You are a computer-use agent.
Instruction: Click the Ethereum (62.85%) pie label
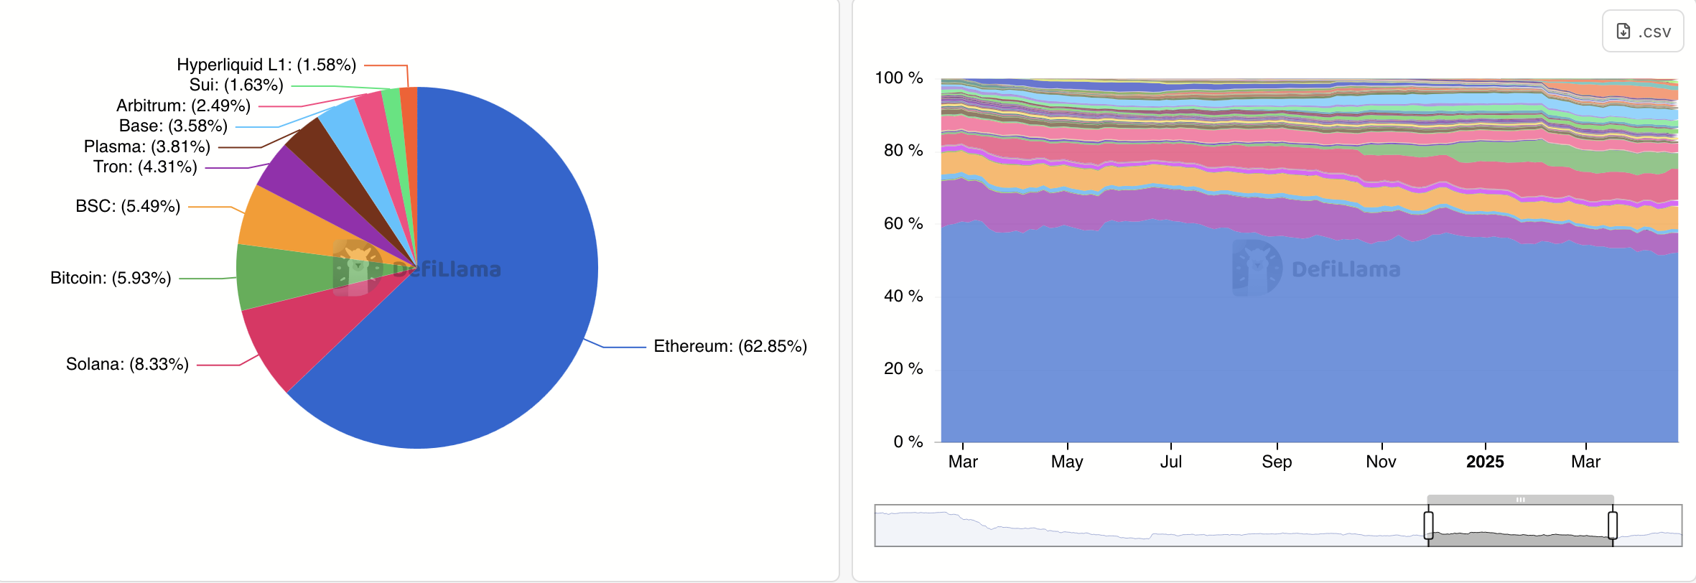tap(730, 347)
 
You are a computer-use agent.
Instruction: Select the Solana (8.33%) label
tap(127, 365)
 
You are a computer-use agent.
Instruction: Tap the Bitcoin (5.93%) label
tap(111, 279)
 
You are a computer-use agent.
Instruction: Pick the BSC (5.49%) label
tap(128, 207)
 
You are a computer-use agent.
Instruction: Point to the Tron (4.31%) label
tap(145, 167)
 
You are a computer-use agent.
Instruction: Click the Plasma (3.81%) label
tap(147, 147)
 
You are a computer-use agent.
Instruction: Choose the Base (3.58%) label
tap(173, 126)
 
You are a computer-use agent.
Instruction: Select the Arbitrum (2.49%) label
tap(183, 106)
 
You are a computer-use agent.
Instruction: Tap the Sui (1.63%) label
tap(236, 85)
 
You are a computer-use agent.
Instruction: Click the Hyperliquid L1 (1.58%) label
tap(266, 65)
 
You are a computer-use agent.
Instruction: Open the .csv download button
tap(1643, 32)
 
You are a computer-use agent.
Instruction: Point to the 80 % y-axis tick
tap(903, 151)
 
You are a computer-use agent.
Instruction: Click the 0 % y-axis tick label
tap(908, 442)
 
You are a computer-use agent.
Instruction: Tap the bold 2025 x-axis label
tap(1485, 462)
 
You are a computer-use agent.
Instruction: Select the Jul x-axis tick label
tap(1170, 462)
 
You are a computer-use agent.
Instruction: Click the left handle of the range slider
tap(1429, 526)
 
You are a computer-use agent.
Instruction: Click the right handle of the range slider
tap(1613, 526)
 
